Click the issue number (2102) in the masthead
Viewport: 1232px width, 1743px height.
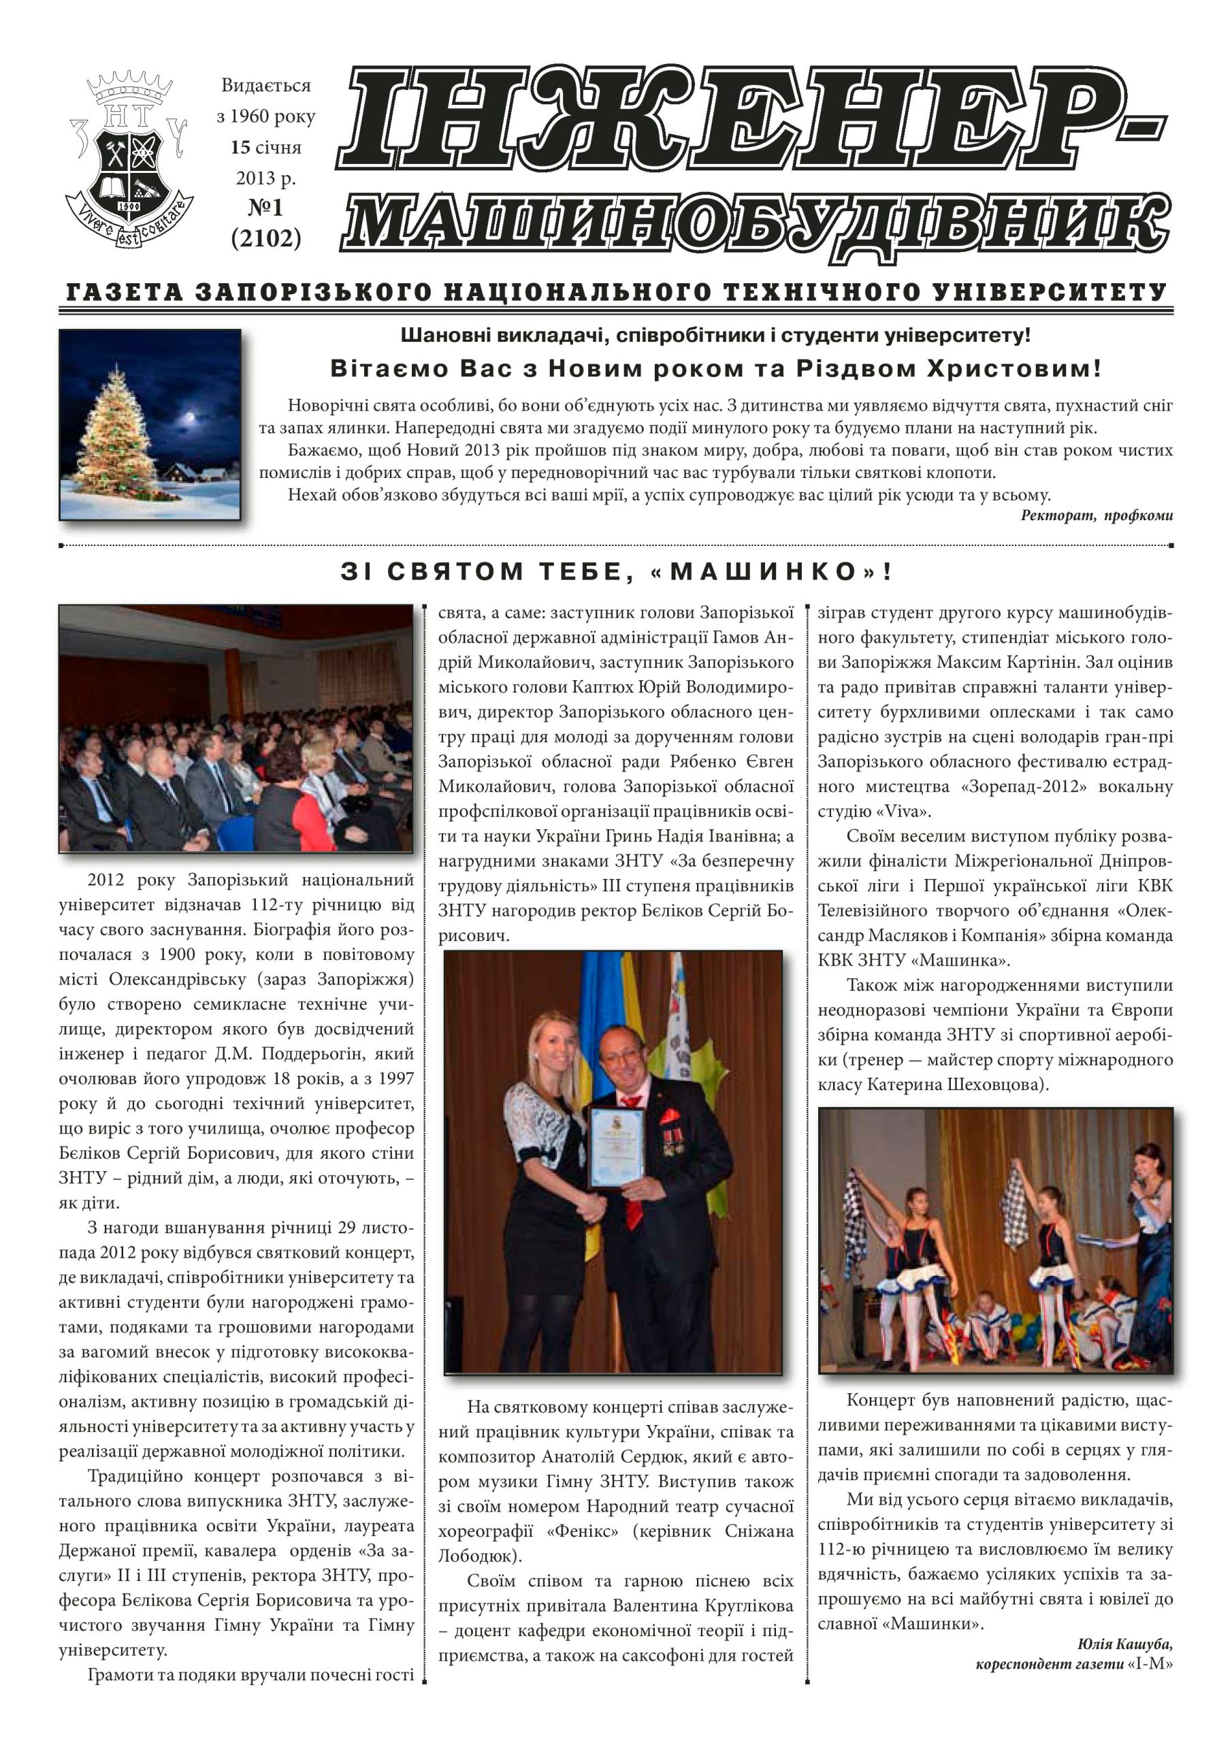[x=265, y=238]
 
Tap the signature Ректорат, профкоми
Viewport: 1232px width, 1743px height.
[x=1096, y=516]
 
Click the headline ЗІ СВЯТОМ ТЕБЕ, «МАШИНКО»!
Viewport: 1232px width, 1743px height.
[x=617, y=571]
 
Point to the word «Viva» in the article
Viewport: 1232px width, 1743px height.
[x=903, y=812]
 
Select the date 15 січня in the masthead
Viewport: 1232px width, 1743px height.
[x=265, y=147]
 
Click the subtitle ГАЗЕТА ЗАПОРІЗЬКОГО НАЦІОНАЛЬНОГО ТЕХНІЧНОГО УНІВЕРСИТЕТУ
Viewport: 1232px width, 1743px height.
[x=615, y=292]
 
